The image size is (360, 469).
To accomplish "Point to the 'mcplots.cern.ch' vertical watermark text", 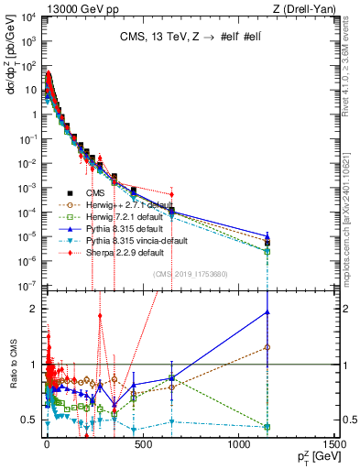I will point(353,202).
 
